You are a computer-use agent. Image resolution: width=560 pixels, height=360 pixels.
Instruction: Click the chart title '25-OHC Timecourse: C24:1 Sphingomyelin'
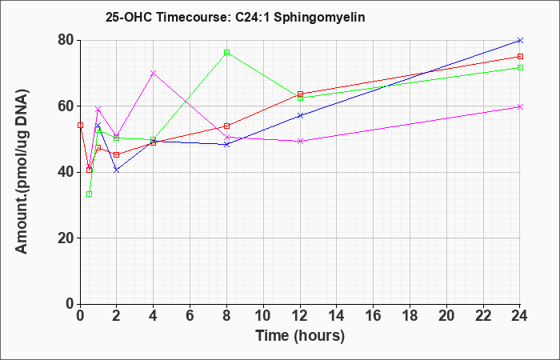[x=235, y=17]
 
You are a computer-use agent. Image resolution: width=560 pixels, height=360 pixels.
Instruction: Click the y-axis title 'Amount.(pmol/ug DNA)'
[x=22, y=171]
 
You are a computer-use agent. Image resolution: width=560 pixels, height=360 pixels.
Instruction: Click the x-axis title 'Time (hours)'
[x=300, y=336]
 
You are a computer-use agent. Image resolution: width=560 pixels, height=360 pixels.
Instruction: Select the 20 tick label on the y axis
[x=66, y=238]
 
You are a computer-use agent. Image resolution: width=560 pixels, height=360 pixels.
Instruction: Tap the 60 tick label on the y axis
[x=66, y=106]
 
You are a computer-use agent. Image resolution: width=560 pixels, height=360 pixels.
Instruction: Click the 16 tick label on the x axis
[x=374, y=316]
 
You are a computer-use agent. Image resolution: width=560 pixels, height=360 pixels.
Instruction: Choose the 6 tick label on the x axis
[x=190, y=316]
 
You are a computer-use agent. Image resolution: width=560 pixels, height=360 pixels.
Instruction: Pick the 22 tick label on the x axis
[x=483, y=316]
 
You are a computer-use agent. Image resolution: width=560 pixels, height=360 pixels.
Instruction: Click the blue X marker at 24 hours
[x=520, y=40]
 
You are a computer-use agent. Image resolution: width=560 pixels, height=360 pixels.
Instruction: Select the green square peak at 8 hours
[x=226, y=53]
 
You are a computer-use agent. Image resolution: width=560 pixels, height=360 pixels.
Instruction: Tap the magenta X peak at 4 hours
[x=154, y=73]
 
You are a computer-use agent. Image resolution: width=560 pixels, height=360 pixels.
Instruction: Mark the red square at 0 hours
[x=80, y=126]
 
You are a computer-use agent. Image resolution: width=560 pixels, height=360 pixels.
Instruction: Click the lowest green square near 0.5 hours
[x=90, y=194]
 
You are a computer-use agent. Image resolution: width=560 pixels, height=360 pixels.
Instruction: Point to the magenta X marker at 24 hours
[x=520, y=106]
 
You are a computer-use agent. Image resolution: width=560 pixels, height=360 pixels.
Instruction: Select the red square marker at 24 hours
[x=520, y=57]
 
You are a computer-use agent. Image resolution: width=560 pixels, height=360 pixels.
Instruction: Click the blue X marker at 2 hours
[x=117, y=170]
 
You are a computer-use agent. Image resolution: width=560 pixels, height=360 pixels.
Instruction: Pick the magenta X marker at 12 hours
[x=300, y=141]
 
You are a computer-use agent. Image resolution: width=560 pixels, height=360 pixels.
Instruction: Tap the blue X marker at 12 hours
[x=300, y=116]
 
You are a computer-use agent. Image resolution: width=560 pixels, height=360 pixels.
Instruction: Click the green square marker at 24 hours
[x=520, y=67]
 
